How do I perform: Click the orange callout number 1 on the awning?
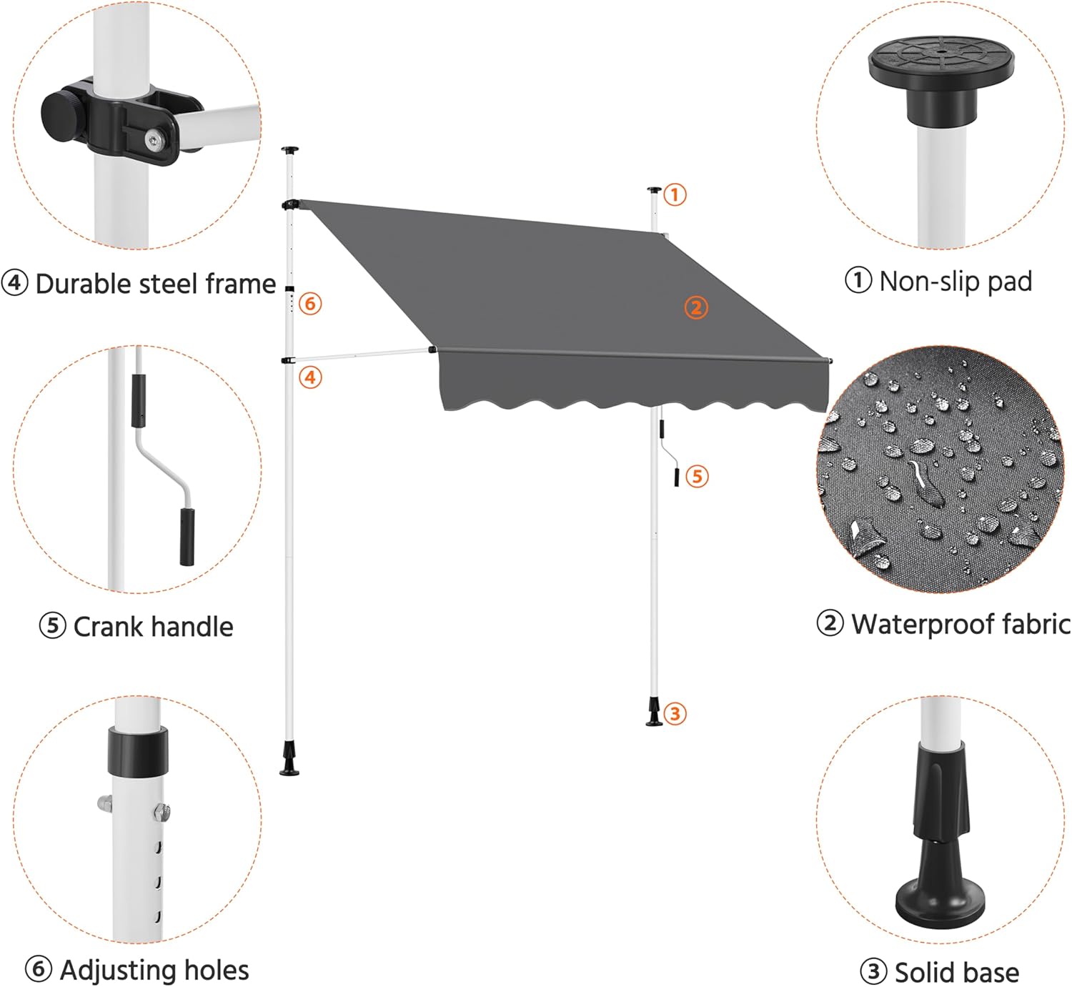tap(675, 194)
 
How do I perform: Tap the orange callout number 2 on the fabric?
tap(696, 307)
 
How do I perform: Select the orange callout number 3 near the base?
tap(675, 713)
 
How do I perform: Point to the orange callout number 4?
tap(310, 377)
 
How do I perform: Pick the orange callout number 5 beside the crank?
tap(697, 476)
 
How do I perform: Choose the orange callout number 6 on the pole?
tap(310, 304)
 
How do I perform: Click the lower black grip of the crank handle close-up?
tap(187, 537)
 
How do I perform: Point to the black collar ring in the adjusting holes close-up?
tap(138, 751)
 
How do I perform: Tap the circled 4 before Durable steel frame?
tap(14, 283)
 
